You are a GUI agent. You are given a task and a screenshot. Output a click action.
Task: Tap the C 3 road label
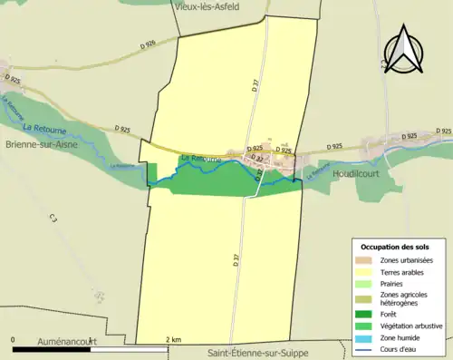pos(53,219)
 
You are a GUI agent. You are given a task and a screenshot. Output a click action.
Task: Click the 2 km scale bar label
pos(173,339)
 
